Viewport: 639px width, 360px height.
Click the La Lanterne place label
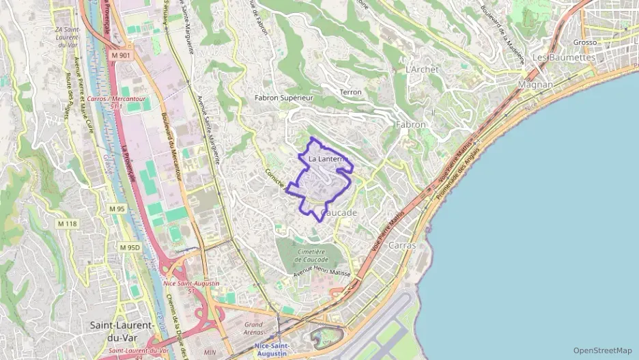(329, 159)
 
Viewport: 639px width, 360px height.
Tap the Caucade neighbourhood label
(339, 213)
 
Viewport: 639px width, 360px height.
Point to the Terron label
(350, 92)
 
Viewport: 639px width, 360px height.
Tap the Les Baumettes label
(564, 57)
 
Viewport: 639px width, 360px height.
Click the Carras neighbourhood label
(402, 245)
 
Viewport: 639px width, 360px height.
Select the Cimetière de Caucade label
(311, 255)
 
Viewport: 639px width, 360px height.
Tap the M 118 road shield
(68, 223)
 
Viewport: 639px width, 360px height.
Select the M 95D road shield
(129, 247)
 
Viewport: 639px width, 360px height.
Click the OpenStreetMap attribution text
(602, 350)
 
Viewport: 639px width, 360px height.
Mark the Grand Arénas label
(253, 329)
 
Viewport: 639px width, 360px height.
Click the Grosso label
(584, 42)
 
